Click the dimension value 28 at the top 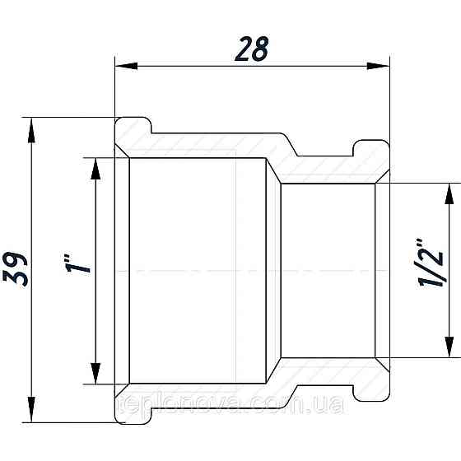coord(252,49)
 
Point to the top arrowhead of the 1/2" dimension coord(449,192)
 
